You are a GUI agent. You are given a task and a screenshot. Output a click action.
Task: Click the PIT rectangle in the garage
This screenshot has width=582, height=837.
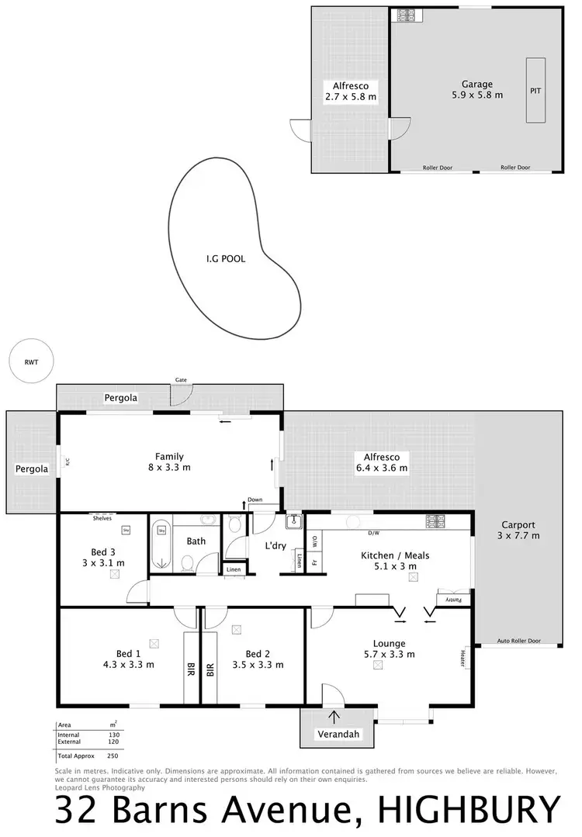535,90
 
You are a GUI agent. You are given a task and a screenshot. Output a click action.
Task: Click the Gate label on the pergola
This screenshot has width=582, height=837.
181,380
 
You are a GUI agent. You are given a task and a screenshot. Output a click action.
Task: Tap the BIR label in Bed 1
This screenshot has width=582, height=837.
191,669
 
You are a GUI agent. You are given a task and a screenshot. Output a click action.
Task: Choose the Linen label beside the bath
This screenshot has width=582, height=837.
234,570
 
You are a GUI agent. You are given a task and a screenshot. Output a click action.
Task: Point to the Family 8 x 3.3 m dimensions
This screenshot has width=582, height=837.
169,468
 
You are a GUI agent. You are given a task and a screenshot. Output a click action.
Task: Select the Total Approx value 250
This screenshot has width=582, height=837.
113,755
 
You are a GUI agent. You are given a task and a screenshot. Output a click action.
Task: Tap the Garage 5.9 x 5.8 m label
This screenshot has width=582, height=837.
477,90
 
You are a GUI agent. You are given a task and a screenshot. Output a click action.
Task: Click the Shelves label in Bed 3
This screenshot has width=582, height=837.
102,518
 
